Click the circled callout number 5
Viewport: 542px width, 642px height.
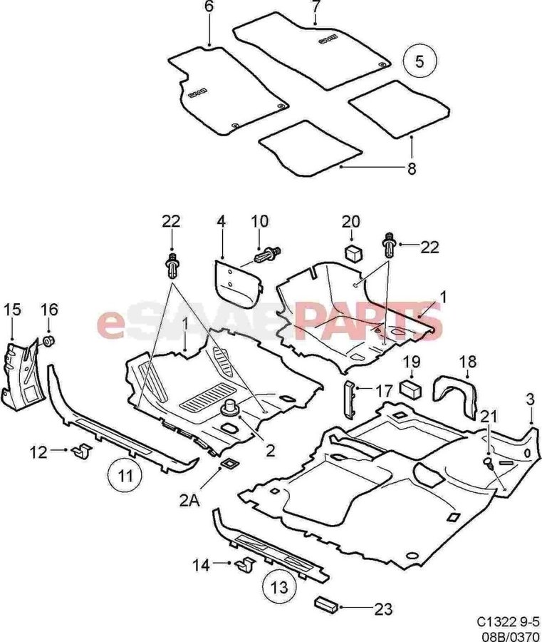point(419,61)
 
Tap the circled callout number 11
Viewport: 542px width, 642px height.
point(126,477)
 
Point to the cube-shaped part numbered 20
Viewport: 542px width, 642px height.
point(353,253)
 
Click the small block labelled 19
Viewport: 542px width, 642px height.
point(411,388)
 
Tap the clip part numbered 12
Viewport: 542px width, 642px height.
point(83,451)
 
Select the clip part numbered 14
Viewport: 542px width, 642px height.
point(245,564)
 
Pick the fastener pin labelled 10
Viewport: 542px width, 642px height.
point(268,254)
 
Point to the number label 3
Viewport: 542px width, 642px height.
point(530,399)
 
